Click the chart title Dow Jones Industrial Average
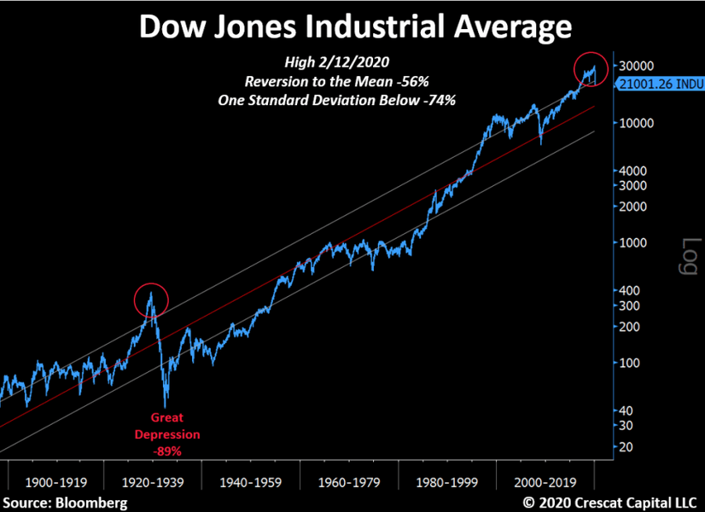tap(354, 27)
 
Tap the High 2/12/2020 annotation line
tap(350, 63)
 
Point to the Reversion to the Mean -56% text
tap(350, 81)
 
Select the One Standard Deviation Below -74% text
tap(350, 99)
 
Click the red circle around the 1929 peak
tap(151, 300)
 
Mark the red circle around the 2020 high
tap(591, 68)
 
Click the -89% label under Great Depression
tap(167, 449)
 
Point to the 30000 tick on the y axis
tap(637, 66)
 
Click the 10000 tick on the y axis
tap(637, 123)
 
